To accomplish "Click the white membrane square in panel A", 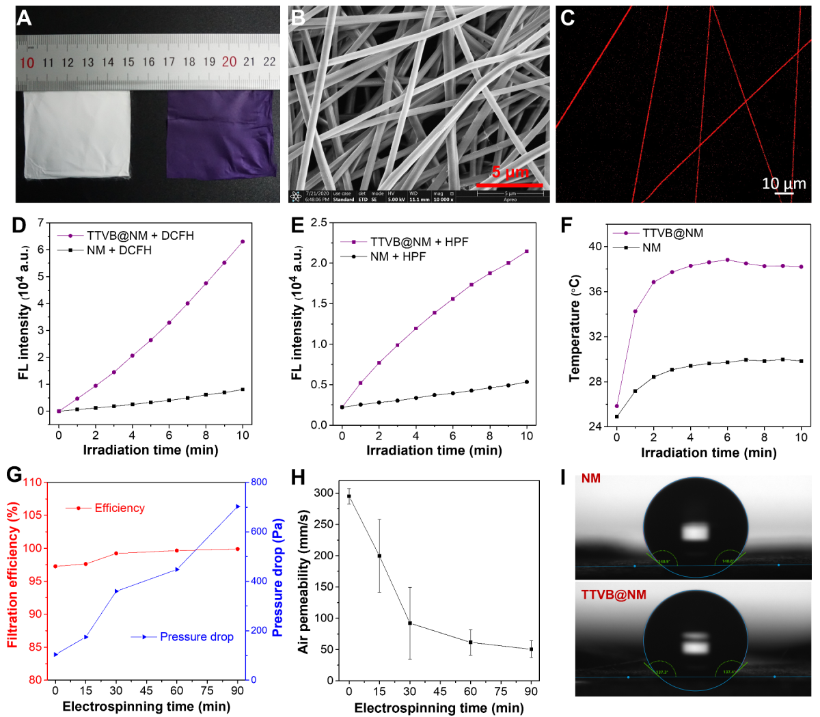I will (x=76, y=134).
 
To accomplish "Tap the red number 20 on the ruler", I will (x=229, y=62).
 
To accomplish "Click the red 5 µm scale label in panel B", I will (x=510, y=172).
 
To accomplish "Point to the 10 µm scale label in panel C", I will (x=784, y=183).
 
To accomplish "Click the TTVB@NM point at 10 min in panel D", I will (x=243, y=241).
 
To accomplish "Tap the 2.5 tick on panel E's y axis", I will (x=318, y=222).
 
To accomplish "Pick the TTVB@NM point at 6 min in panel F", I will (x=728, y=260).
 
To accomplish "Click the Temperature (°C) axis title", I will (x=575, y=328).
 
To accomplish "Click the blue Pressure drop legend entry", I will (x=196, y=637).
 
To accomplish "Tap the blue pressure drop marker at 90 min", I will (x=238, y=506).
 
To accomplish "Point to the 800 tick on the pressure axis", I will (x=259, y=483).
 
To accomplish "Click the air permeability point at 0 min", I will (x=349, y=496).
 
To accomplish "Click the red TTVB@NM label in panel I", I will (x=614, y=595).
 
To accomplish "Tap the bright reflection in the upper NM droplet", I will (x=696, y=531).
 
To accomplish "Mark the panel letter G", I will (x=14, y=475).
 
